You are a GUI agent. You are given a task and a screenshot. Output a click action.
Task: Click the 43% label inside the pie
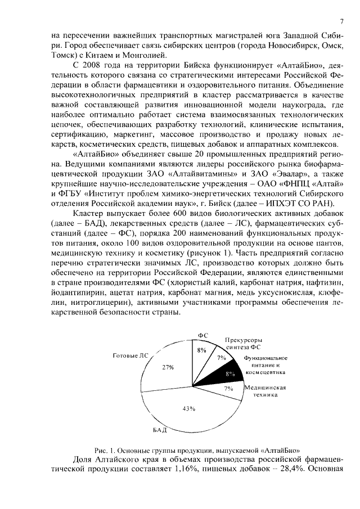pos(188,409)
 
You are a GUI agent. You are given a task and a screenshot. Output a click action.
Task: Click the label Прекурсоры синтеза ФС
pos(244,344)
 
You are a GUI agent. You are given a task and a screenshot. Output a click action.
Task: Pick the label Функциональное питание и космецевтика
pos(265,365)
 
